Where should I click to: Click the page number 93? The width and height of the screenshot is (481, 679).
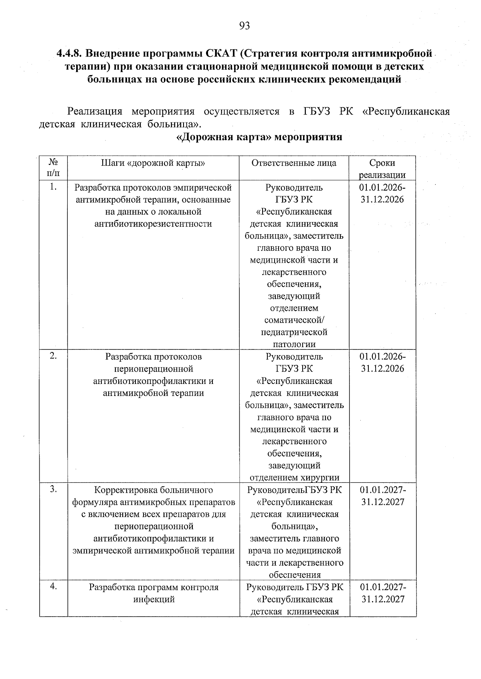pos(244,26)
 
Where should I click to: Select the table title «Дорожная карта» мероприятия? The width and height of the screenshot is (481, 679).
pos(259,137)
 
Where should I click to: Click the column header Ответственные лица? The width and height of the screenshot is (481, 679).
pos(294,163)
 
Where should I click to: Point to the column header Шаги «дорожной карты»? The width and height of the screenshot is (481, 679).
pos(153,163)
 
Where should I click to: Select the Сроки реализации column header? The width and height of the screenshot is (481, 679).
pos(382,169)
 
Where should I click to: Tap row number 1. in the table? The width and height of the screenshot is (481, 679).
pos(53,187)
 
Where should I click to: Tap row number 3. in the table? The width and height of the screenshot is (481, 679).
pos(53,489)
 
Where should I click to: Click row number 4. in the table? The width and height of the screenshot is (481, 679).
pos(53,587)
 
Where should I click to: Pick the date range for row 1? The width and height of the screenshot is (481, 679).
pos(382,193)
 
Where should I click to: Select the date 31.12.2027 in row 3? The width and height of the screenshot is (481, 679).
pos(383,502)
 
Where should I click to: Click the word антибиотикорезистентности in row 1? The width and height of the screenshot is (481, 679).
pos(153,224)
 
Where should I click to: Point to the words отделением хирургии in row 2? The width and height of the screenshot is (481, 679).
pos(294,478)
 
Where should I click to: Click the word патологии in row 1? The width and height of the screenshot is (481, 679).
pos(294,344)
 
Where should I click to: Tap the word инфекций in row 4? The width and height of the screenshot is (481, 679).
pos(154,599)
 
